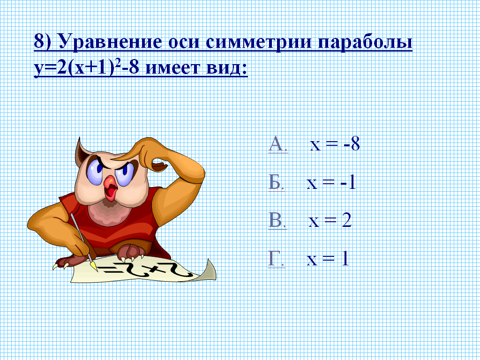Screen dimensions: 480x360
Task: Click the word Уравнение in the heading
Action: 110,41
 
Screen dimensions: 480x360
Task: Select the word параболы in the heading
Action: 365,42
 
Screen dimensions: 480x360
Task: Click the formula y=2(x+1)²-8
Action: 87,67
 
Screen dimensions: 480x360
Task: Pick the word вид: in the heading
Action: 227,68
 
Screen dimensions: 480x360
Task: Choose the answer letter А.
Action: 278,144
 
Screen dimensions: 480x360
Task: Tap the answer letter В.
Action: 277,220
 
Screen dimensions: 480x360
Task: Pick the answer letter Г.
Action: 277,259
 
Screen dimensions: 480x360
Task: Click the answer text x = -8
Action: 335,144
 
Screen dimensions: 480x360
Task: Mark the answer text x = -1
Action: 331,183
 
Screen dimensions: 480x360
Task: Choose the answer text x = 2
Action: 330,220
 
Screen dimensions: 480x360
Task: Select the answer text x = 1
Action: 328,259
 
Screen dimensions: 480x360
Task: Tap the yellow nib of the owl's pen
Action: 94,266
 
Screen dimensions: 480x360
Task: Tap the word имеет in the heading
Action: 172,68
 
